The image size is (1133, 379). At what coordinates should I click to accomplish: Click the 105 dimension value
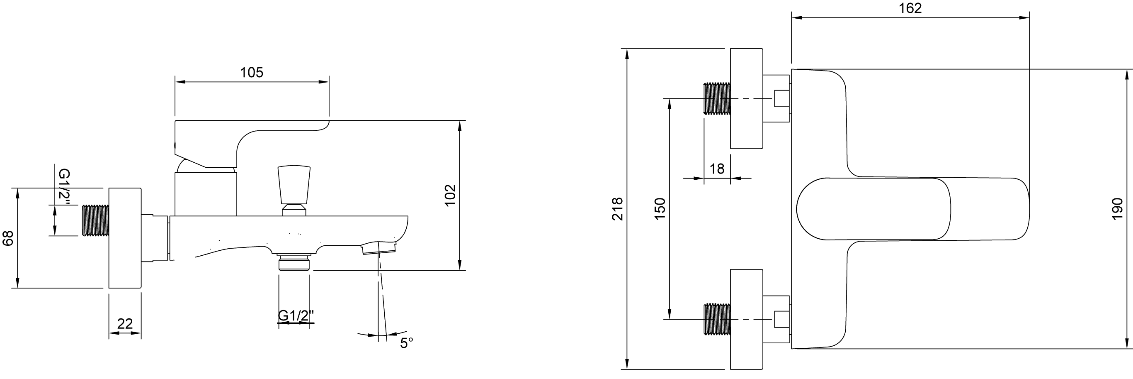[x=252, y=72]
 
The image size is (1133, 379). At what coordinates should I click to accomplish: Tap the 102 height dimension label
[x=449, y=195]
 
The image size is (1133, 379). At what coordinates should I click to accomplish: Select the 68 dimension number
[x=8, y=238]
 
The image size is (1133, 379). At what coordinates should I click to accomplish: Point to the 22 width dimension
[x=125, y=323]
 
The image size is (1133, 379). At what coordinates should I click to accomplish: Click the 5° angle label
[x=406, y=343]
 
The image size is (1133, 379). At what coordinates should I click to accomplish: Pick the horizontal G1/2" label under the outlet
[x=296, y=315]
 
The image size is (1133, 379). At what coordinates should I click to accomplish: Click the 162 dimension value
[x=910, y=8]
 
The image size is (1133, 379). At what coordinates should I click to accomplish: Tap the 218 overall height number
[x=618, y=209]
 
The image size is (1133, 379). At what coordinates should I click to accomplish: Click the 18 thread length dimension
[x=717, y=169]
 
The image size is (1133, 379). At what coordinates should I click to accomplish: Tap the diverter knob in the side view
[x=294, y=191]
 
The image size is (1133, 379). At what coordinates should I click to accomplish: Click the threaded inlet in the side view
[x=95, y=220]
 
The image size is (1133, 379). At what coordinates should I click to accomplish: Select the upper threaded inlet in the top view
[x=717, y=99]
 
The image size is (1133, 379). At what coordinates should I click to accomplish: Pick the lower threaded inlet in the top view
[x=717, y=319]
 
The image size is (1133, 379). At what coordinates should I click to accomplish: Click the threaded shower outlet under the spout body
[x=294, y=262]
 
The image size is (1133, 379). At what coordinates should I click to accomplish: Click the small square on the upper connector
[x=781, y=99]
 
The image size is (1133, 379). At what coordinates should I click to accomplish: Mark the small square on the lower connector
[x=781, y=319]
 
